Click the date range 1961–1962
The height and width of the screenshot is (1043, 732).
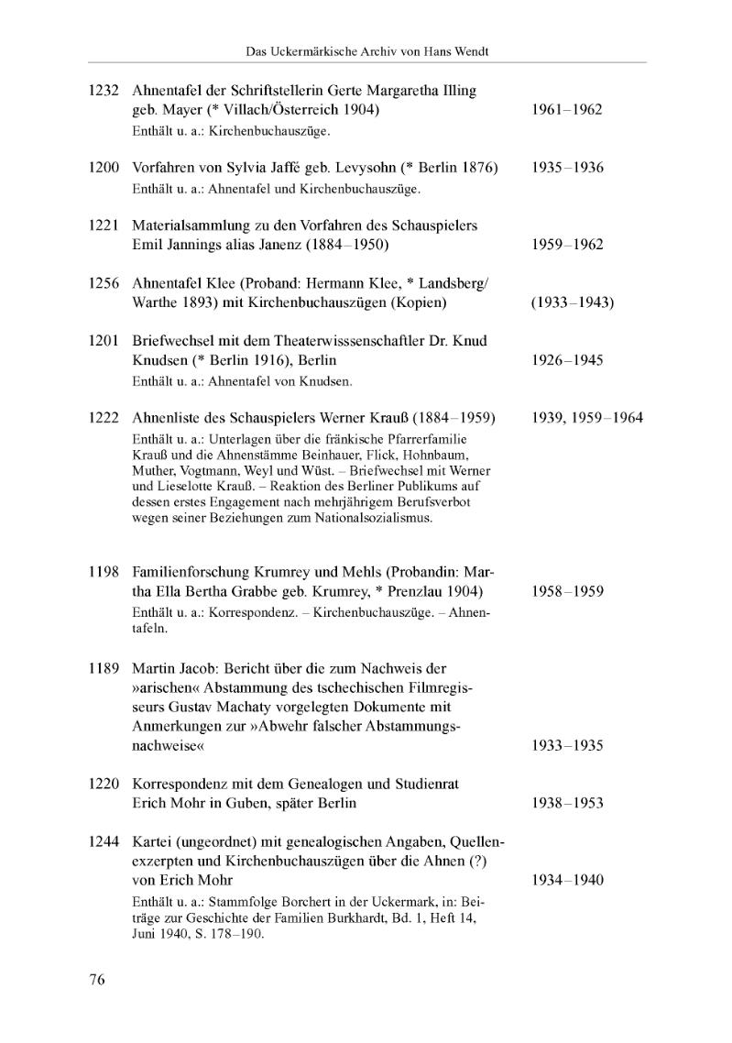click(x=567, y=110)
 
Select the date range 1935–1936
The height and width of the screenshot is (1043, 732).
click(x=567, y=169)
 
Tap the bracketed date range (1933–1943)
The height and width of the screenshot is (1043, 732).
click(x=573, y=302)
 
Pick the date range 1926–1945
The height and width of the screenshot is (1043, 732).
click(x=567, y=360)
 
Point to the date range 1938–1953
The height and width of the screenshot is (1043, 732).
click(x=567, y=803)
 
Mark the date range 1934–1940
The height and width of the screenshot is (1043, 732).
click(x=567, y=880)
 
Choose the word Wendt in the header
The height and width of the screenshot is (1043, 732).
click(x=467, y=52)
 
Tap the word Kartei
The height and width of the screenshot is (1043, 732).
click(x=152, y=841)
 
